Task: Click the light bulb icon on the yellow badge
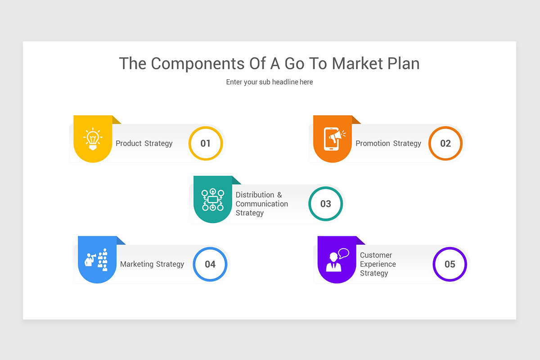coord(93,139)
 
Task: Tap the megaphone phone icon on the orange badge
coord(333,138)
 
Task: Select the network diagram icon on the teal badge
coord(212,199)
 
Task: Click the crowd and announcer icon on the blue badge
coord(97,260)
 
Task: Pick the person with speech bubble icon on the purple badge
coord(337,260)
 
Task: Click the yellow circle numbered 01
coord(206,143)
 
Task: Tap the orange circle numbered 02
coord(445,143)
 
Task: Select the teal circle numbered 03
coord(325,203)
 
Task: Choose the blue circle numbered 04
coord(210,264)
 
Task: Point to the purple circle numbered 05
coord(450,264)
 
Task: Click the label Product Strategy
coord(144,143)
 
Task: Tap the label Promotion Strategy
coord(388,143)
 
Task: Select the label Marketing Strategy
coord(152,264)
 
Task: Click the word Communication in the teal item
coord(261,203)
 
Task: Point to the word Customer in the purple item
coord(376,255)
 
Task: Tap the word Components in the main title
coord(198,63)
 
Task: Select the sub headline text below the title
coord(269,82)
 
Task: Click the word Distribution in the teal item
coord(255,194)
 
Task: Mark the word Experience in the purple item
coord(378,264)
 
